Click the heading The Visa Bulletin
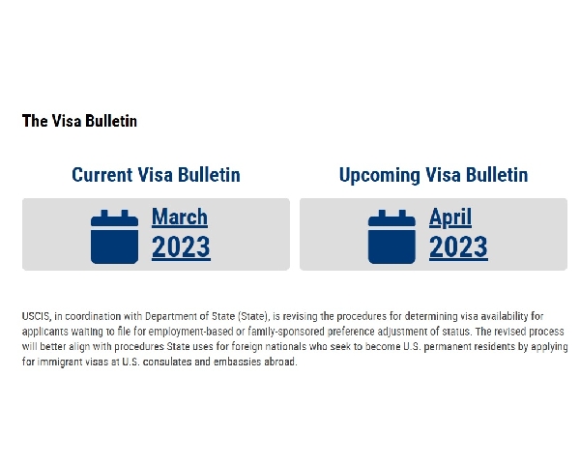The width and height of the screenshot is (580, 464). tap(79, 121)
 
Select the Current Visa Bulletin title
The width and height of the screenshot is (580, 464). tap(156, 175)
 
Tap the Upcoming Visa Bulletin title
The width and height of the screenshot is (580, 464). tap(433, 175)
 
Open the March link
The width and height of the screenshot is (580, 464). tap(180, 217)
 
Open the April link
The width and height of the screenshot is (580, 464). tap(450, 217)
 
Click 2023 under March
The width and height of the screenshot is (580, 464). tap(182, 246)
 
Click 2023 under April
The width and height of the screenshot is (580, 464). tap(458, 246)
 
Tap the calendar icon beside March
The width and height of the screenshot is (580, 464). tap(115, 237)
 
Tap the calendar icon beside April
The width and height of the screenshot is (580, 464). tap(391, 237)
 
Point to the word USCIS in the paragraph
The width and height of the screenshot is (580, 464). tap(36, 317)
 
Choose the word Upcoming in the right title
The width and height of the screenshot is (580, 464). tap(380, 176)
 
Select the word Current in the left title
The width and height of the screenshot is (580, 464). tap(102, 175)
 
